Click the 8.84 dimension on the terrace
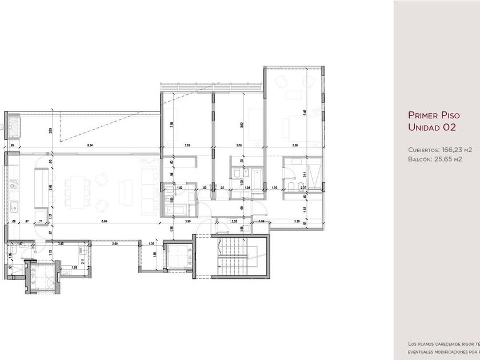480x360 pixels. point(90,146)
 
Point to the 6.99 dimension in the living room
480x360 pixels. point(104,221)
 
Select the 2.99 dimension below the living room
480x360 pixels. point(115,244)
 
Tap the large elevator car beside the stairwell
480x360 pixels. point(177,255)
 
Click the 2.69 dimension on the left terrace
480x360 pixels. point(51,131)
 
